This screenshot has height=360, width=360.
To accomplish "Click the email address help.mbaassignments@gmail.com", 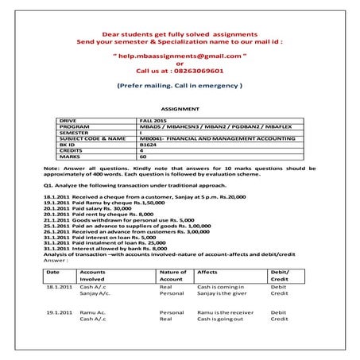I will (x=179, y=57).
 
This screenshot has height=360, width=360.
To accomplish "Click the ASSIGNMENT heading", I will (x=179, y=107).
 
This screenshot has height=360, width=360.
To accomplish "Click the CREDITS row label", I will (x=72, y=151).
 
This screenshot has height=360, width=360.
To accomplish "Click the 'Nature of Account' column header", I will (x=173, y=276).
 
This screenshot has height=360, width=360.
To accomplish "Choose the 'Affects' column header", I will (x=207, y=272).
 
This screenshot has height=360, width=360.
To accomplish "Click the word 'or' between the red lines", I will (x=179, y=64).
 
